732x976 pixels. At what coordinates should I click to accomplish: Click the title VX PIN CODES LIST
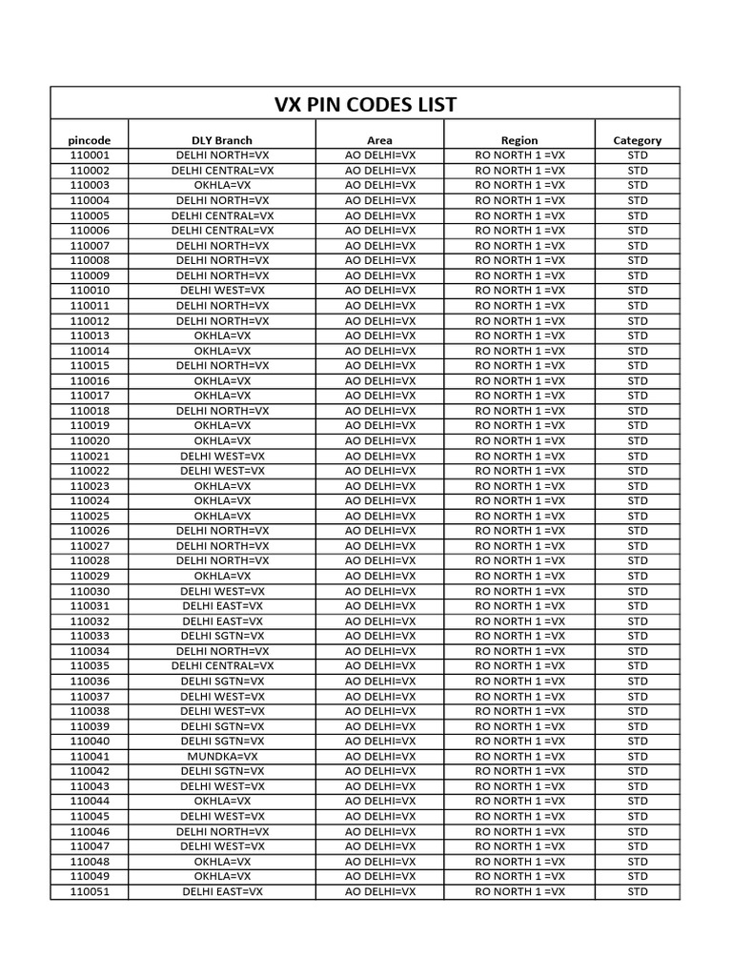(366, 104)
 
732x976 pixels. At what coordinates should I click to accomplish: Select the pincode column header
(90, 140)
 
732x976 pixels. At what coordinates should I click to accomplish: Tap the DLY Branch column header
(222, 140)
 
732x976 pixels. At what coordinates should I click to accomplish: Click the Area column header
(379, 140)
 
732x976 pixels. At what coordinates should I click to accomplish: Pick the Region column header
(519, 140)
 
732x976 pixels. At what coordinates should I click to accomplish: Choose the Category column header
(637, 140)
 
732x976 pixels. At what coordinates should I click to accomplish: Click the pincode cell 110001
(90, 154)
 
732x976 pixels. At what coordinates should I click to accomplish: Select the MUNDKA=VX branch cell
(222, 756)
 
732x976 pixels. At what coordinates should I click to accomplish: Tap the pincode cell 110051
(90, 891)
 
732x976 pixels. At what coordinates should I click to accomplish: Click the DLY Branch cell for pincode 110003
(222, 185)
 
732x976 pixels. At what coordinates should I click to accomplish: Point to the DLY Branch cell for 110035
(222, 665)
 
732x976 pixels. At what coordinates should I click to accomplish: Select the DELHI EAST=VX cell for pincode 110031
(222, 605)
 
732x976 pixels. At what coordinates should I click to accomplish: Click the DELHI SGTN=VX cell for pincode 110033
(222, 636)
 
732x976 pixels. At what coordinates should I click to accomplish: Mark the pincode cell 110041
(90, 756)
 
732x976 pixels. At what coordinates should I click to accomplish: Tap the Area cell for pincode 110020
(379, 440)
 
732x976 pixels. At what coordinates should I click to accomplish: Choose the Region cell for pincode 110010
(519, 290)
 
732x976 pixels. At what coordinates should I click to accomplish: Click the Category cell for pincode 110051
(637, 891)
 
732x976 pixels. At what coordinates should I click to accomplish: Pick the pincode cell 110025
(90, 516)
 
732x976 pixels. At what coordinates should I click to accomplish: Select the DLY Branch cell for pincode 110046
(222, 831)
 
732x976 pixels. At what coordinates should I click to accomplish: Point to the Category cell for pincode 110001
(637, 154)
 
